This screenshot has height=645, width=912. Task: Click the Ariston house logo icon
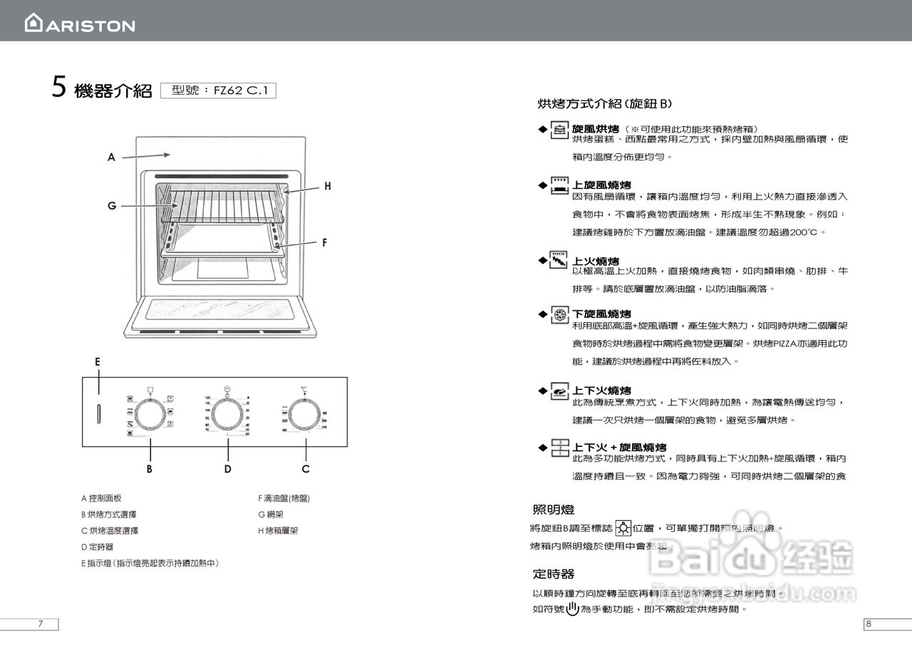coord(33,23)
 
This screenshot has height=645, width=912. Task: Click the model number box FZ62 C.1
coord(218,91)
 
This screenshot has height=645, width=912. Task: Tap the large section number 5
coord(59,88)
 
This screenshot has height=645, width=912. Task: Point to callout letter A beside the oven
coord(111,158)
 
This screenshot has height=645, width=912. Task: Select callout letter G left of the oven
coord(112,206)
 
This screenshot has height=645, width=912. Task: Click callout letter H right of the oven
coord(327,186)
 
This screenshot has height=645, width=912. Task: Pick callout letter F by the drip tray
coord(323,242)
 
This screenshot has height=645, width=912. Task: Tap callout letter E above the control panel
coord(98,362)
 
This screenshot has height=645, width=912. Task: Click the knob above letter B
coord(150,413)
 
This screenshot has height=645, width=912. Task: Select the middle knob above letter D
coord(227,413)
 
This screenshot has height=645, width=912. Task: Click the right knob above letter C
coord(305,413)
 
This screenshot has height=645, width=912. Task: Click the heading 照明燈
coord(554,510)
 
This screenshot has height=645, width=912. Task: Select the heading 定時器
coord(554,574)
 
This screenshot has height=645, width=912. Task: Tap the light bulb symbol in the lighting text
coord(623,529)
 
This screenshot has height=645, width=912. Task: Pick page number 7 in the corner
coord(41,624)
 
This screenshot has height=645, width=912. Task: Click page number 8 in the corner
coord(869,624)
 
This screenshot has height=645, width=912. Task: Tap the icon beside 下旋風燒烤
coord(560,315)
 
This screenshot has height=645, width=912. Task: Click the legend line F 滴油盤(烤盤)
coord(284,498)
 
